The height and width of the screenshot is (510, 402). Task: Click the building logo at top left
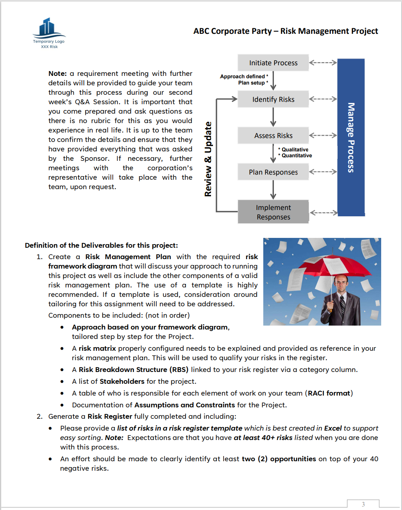pos(49,28)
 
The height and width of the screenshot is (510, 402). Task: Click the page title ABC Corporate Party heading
pos(285,31)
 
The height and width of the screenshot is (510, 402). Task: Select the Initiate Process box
pos(273,63)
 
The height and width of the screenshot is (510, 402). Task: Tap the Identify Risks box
pos(273,99)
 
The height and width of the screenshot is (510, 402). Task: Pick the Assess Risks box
pos(273,136)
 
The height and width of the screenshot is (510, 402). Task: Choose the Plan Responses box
pos(273,172)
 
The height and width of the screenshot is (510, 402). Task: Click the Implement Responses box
pos(273,212)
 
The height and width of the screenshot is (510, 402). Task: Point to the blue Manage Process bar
pos(351,137)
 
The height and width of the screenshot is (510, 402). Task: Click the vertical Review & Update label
pos(208,159)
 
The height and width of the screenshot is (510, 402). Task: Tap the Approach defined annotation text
pos(244,77)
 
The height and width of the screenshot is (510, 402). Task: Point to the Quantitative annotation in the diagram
pos(297,156)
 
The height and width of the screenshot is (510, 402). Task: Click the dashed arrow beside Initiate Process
pos(323,63)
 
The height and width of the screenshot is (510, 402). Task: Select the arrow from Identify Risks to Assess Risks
pos(273,117)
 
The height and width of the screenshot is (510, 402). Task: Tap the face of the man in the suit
pos(341,284)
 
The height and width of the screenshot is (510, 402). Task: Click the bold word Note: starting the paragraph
pos(57,74)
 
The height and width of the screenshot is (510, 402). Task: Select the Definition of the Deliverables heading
pos(101,245)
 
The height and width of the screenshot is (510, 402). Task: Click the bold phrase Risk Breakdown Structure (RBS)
pos(134,370)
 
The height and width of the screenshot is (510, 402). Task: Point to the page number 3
pos(363,504)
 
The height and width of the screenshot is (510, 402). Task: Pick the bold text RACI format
pos(329,393)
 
